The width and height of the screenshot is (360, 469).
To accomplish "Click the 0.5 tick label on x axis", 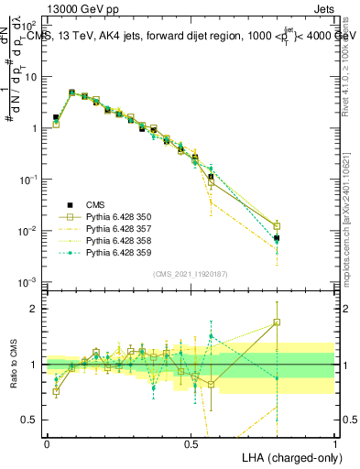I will [x=191, y=443].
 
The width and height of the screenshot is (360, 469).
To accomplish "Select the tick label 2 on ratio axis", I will [x=34, y=310].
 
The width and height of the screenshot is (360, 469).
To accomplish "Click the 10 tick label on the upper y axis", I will [x=30, y=77].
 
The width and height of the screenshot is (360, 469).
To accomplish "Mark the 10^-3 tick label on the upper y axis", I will [x=27, y=282].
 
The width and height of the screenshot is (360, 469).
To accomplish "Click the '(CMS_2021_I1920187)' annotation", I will [x=190, y=274].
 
